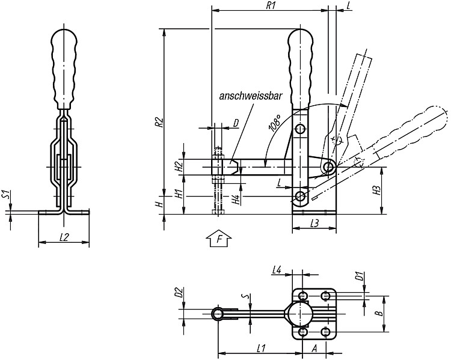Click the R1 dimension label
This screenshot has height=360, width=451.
(x=270, y=5)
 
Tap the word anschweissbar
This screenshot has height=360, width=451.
(x=251, y=96)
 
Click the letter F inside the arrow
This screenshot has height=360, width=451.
(x=219, y=239)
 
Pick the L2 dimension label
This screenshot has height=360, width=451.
(x=64, y=237)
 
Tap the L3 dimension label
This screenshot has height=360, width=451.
(x=314, y=224)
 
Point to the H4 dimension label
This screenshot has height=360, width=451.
(x=236, y=200)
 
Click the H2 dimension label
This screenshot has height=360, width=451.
(x=179, y=166)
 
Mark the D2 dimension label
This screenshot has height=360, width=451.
(x=179, y=292)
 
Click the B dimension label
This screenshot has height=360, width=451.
(x=379, y=313)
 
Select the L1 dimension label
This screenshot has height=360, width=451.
(x=260, y=349)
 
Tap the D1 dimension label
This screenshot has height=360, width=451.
(x=358, y=276)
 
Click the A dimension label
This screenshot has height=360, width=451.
(x=314, y=349)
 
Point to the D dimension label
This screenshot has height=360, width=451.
(x=236, y=123)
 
